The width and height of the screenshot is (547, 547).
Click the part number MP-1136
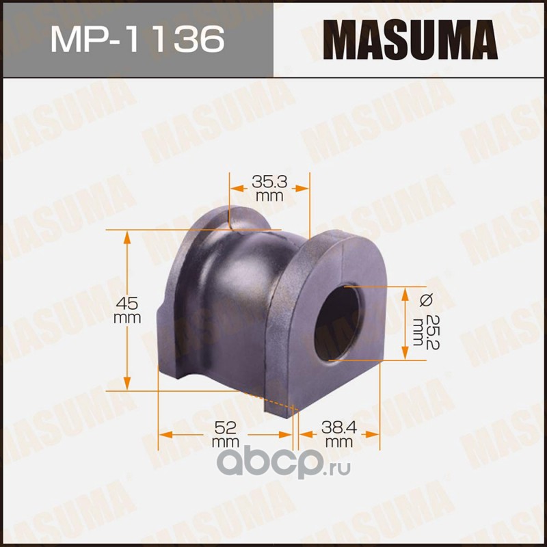pos(137,39)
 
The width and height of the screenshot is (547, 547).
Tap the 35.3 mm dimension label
pos(269,189)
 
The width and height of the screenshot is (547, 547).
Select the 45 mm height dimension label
pos(127,310)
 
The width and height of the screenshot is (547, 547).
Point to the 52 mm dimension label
pos(225,434)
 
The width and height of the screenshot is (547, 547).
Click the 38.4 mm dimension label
pos(339,434)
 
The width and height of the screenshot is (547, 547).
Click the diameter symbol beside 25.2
pos(426,300)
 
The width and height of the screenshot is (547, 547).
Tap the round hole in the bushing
pos(336,323)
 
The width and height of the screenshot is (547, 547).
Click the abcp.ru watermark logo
pos(283,462)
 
